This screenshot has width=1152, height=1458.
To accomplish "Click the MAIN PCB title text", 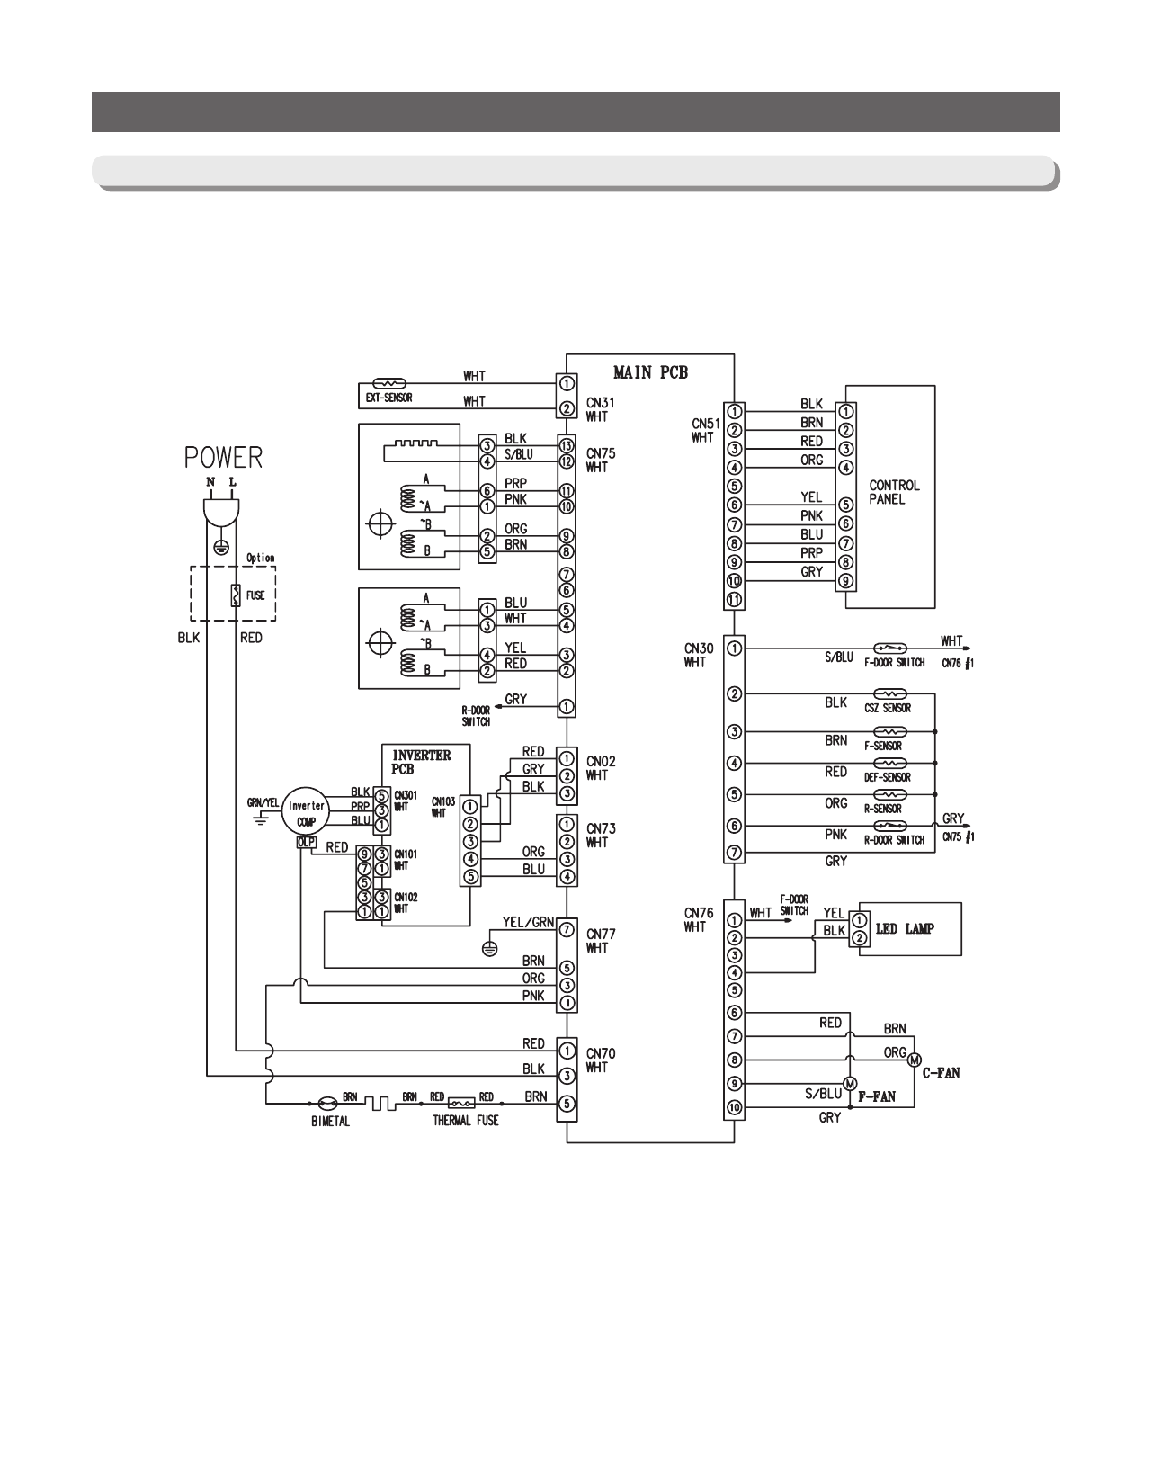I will [x=650, y=371].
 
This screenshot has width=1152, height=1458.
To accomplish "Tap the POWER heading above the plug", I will [x=224, y=458].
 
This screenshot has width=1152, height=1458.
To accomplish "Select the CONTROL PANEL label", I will [x=894, y=492].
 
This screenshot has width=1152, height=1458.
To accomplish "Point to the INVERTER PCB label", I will [x=421, y=762].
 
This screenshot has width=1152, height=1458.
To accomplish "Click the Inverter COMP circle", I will [x=307, y=813].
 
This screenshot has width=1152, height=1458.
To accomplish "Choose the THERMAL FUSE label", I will [x=465, y=1121].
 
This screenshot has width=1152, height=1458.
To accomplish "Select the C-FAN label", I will [x=941, y=1073].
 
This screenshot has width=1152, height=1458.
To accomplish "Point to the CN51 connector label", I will [x=701, y=423].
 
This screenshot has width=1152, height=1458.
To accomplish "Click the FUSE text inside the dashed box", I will [x=255, y=595].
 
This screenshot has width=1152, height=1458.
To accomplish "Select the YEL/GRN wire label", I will [x=531, y=921].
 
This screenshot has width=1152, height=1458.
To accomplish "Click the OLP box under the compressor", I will [x=304, y=843].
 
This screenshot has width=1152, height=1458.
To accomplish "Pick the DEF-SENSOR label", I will [x=888, y=778].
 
